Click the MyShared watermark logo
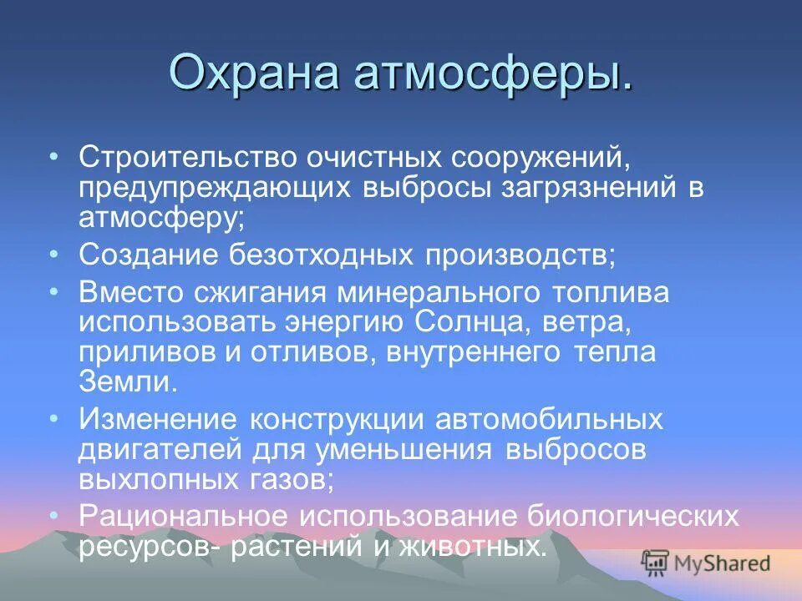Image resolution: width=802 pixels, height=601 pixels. [x=706, y=563]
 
